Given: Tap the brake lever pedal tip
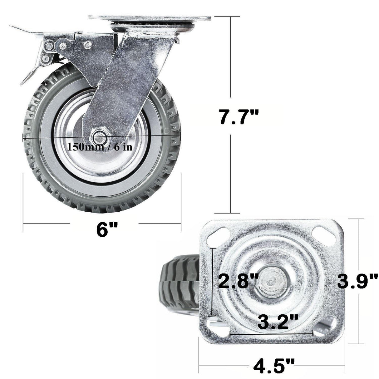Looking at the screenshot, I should pos(25,81).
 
